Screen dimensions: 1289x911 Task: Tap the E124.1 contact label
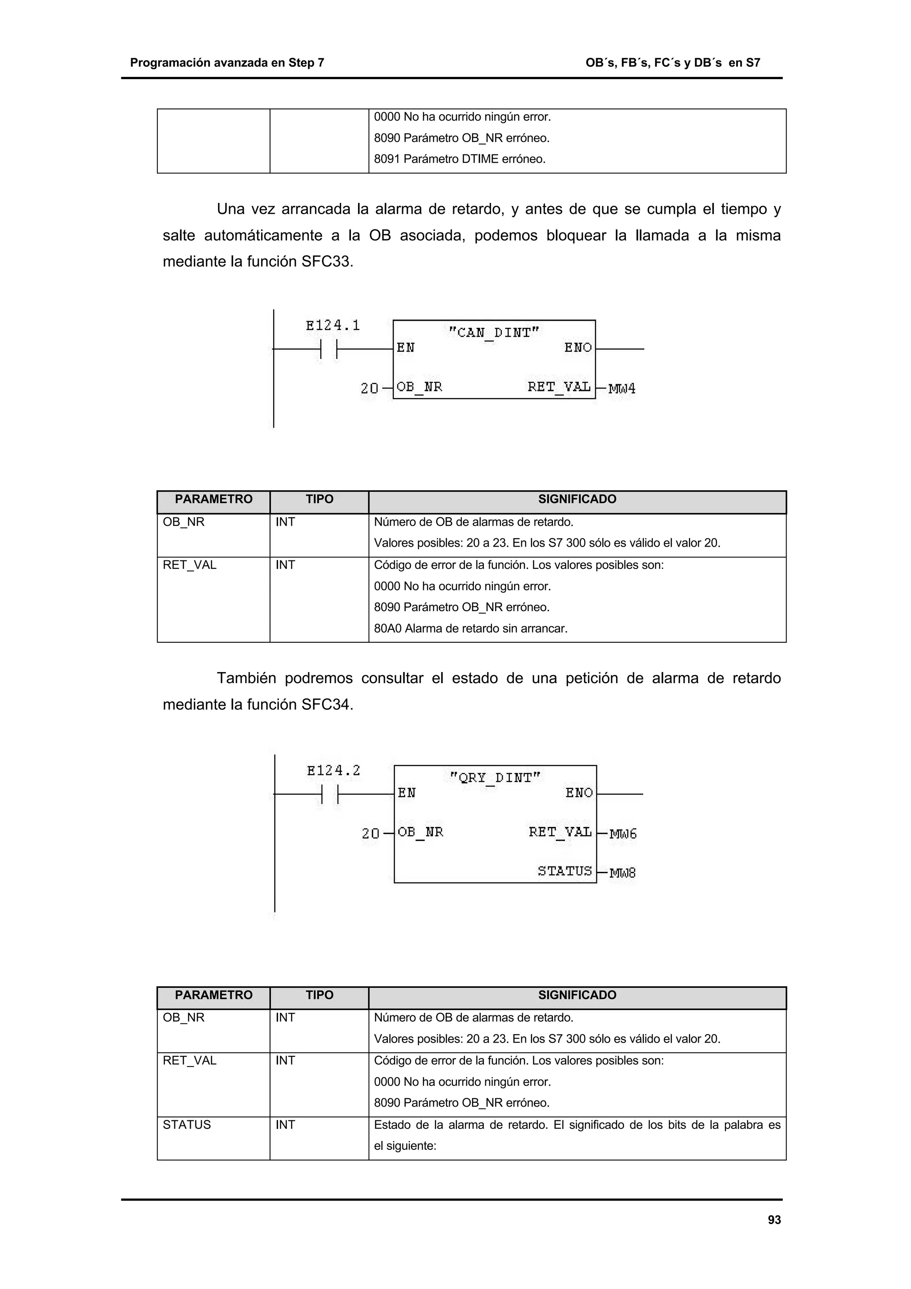coord(333,326)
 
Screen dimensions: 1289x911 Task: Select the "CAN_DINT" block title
coord(494,332)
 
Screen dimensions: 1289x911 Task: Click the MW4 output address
coord(622,388)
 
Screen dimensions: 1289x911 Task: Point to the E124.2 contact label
coord(334,771)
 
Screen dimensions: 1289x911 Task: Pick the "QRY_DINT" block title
coord(495,777)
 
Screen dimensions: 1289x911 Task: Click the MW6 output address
coord(623,834)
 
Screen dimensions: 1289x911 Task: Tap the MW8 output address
coord(623,873)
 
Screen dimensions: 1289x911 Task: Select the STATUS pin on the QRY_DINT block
coord(564,871)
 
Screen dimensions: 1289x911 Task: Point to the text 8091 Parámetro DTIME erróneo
coord(460,159)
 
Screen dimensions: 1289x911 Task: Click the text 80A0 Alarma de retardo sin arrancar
coord(470,628)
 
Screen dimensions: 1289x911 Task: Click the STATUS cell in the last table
coord(187,1124)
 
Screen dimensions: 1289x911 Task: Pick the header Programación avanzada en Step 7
coord(227,63)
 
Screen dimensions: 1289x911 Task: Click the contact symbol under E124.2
coord(330,794)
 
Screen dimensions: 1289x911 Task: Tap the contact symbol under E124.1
coord(328,349)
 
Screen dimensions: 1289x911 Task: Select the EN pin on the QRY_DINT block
coord(407,793)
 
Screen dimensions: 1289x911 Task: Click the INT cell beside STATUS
coord(285,1124)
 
